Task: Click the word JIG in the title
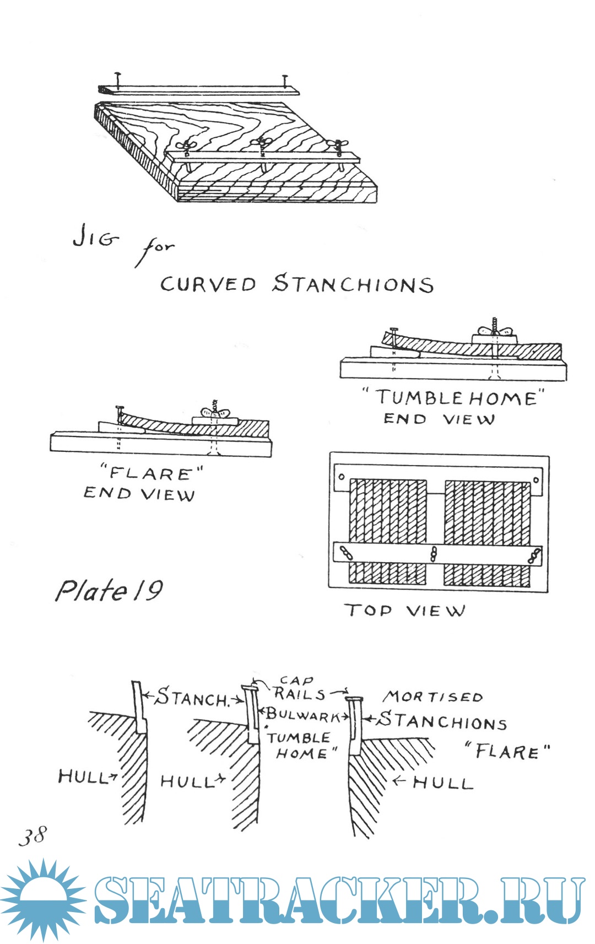click(x=95, y=238)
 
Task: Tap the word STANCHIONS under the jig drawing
click(x=353, y=284)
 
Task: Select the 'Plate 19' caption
click(x=109, y=591)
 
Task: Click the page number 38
click(x=33, y=836)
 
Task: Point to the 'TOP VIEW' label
click(x=405, y=611)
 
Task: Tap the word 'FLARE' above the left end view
click(x=150, y=473)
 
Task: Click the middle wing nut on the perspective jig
click(x=261, y=143)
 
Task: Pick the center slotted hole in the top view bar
click(x=434, y=554)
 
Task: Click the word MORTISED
click(x=434, y=697)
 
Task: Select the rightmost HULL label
click(x=443, y=783)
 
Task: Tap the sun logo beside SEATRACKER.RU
click(x=43, y=899)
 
